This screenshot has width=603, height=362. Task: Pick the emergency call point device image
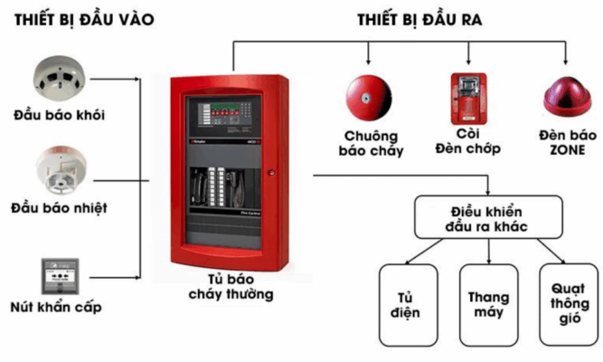click(x=59, y=274)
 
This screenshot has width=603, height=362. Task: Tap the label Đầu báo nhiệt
click(x=59, y=208)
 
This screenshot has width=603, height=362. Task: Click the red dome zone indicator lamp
click(x=567, y=100)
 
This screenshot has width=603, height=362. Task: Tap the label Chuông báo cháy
click(x=373, y=144)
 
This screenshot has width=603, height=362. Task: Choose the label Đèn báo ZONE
click(x=567, y=142)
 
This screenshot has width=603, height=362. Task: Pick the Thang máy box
click(x=489, y=305)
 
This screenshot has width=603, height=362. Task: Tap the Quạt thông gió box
click(x=567, y=305)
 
